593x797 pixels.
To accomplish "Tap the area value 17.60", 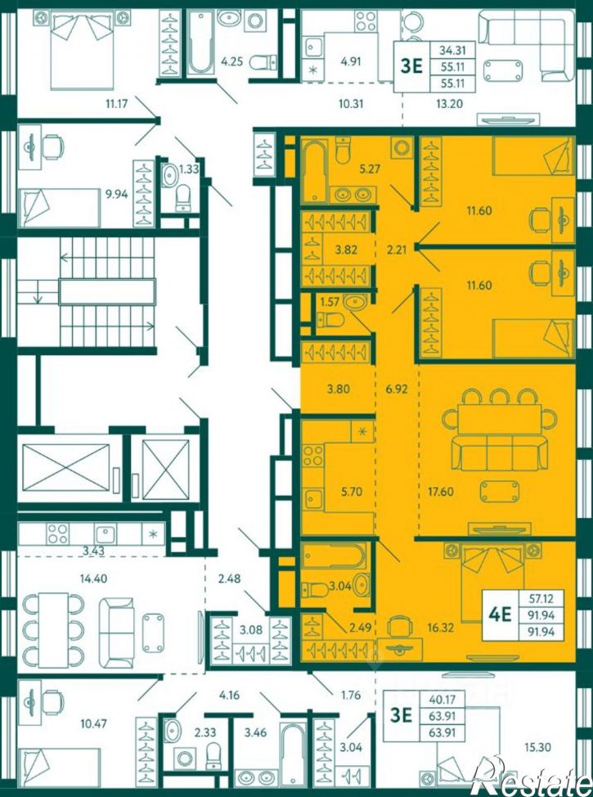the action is coord(441,492).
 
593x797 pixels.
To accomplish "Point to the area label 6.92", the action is coord(397,389).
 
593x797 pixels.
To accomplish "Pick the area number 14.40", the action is coord(93,578).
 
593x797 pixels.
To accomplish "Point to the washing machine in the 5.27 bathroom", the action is coord(402,148).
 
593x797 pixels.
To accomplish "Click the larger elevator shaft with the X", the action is coord(66,468).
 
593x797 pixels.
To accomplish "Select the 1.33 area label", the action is coord(189,169).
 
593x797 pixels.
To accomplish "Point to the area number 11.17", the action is coord(116,104).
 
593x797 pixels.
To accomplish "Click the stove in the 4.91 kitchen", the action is coord(365,20).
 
